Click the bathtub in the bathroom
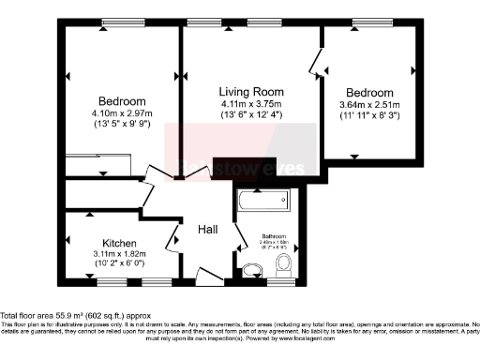coord(263,202)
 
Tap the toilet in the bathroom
coord(287,271)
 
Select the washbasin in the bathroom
coord(250,271)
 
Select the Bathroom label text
coord(273,236)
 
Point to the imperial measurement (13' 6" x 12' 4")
coord(251,114)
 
